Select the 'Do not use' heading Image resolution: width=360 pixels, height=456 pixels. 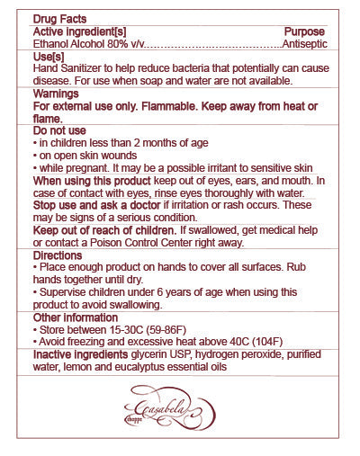[x=58, y=130]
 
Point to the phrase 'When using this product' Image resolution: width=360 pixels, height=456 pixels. [x=92, y=181]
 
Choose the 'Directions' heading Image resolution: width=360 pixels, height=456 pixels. [x=59, y=256]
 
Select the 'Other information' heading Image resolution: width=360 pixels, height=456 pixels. [x=76, y=317]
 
